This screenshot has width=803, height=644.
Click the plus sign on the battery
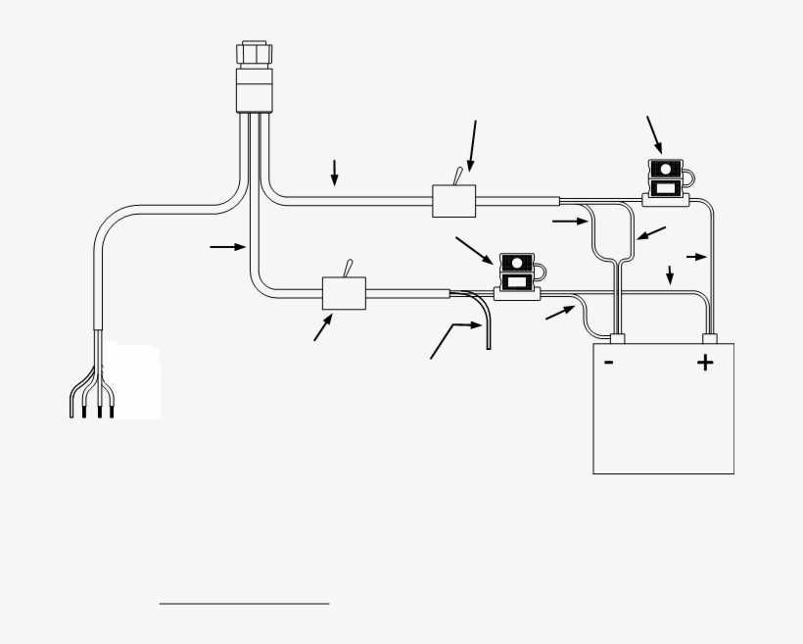point(705,364)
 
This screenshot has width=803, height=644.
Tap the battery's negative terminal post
point(617,339)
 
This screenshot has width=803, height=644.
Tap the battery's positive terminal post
point(710,339)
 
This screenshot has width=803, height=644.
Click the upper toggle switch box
point(454,201)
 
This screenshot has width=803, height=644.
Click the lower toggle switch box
point(344,292)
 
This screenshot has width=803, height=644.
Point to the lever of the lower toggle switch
point(345,268)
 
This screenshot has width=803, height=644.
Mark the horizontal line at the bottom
point(244,604)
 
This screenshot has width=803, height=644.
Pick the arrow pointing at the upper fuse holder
point(654,132)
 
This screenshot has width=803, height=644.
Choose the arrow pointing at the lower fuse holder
point(475,249)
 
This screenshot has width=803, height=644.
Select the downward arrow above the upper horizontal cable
point(335,172)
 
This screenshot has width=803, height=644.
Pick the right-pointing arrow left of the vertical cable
point(227,247)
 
